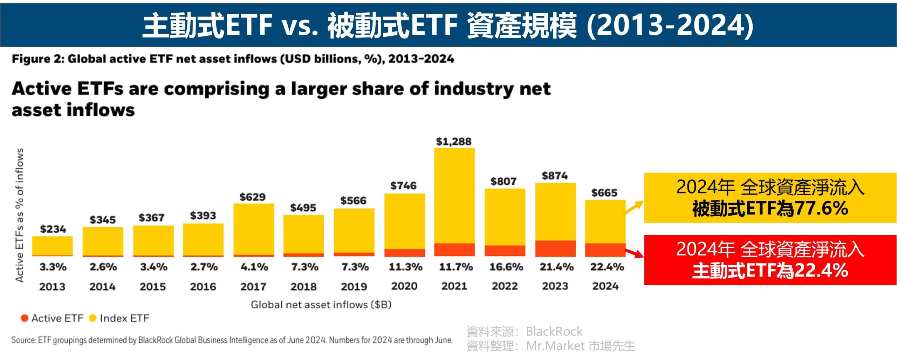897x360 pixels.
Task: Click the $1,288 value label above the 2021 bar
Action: point(454,142)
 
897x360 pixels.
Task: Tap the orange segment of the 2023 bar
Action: point(555,248)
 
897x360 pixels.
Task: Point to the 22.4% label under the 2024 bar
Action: point(607,267)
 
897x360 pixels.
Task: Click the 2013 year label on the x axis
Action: point(52,287)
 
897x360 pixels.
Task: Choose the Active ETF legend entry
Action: point(52,318)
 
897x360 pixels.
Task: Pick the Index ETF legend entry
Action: point(119,318)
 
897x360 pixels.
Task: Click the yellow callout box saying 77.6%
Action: point(770,198)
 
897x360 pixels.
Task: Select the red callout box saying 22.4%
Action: point(770,260)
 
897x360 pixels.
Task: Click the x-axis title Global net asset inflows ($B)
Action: point(321,305)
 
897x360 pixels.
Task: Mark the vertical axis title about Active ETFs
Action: point(20,215)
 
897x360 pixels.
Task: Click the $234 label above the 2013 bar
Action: point(53,229)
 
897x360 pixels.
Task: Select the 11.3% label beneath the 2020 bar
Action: point(405,267)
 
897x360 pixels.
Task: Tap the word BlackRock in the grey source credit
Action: point(554,331)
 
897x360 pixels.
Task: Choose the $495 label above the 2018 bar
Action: point(303,208)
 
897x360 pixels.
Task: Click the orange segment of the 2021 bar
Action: point(454,250)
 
